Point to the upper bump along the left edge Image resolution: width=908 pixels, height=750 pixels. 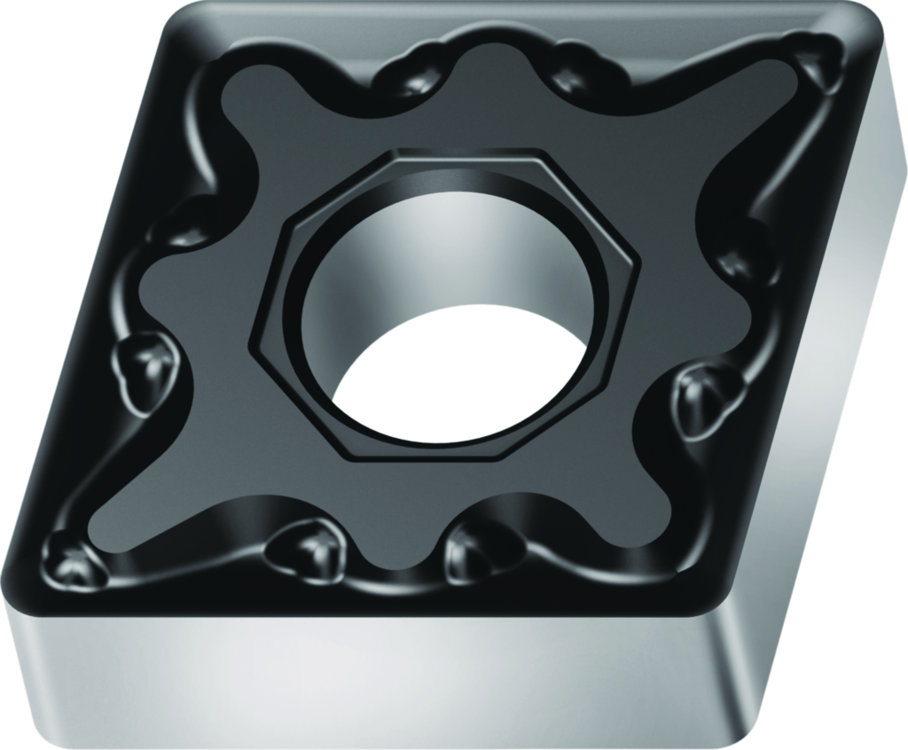click(182, 222)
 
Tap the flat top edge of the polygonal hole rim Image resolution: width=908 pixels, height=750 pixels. click(461, 151)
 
